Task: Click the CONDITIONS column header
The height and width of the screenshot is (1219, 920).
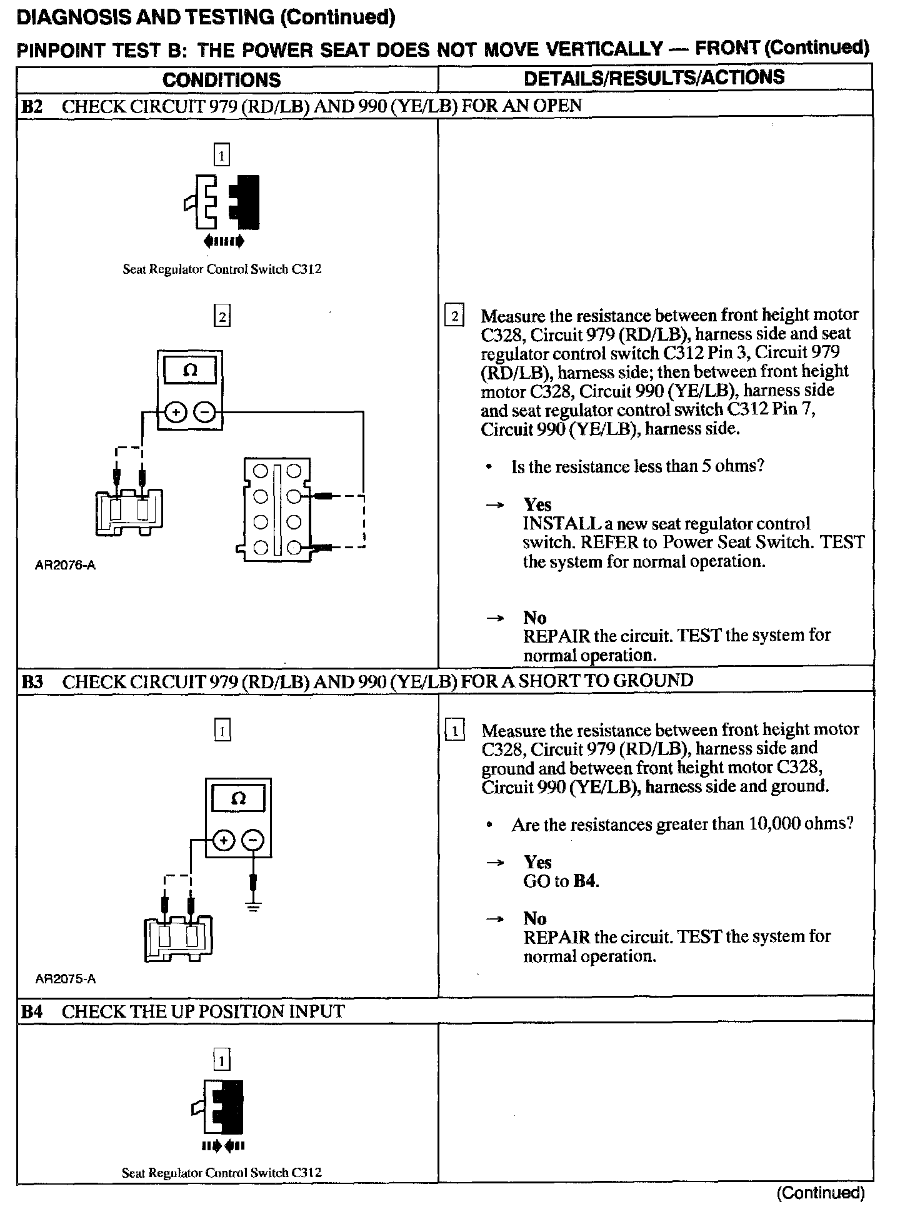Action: point(221,80)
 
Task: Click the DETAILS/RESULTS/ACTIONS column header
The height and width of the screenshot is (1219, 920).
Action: point(654,78)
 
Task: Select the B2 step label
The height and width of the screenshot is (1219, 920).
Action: point(31,106)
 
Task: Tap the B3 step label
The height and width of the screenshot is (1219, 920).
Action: point(31,681)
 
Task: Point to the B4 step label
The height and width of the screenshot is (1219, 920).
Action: point(31,1011)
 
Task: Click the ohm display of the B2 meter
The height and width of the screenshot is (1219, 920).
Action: point(190,370)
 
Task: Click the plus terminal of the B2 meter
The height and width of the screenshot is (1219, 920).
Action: point(176,412)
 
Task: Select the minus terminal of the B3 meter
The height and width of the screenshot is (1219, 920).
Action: point(252,841)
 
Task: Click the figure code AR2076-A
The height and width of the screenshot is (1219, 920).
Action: point(66,565)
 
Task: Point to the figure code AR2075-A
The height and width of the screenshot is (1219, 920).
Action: point(66,979)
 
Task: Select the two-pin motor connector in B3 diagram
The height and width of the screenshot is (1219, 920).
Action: point(178,937)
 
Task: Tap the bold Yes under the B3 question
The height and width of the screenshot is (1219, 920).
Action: point(537,862)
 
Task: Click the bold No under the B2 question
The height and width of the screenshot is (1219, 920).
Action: point(535,618)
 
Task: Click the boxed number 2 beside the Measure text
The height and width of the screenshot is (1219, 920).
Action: point(454,316)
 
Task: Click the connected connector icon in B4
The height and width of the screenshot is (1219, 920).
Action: point(222,1109)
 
